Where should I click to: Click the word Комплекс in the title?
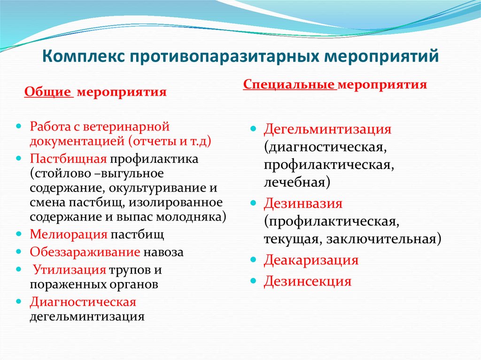tap(84, 57)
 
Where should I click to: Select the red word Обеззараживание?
tap(85, 252)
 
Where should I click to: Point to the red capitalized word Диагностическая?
tap(83, 301)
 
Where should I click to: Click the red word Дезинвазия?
tap(303, 204)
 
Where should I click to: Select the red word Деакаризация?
tap(311, 260)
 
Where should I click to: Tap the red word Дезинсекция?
tap(307, 281)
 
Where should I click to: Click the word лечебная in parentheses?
tap(296, 182)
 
